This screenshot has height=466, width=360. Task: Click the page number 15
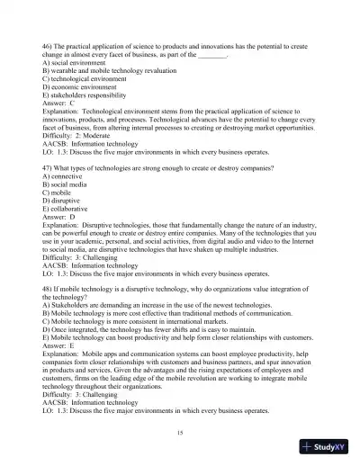181,433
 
